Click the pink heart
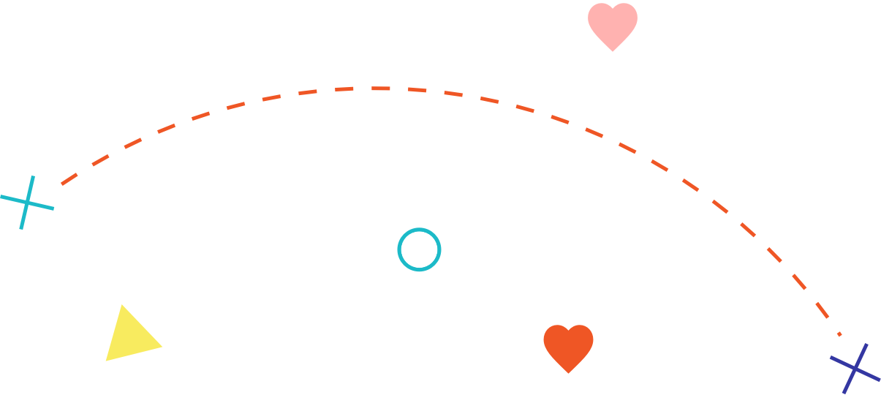point(613,25)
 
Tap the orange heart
point(568,347)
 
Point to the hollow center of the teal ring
point(419,249)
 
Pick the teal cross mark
point(27,203)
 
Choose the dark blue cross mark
point(855,368)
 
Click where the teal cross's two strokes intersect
point(27,203)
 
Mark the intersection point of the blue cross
point(855,368)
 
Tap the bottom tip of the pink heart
point(613,51)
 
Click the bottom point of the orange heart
point(568,373)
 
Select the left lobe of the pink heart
point(601,16)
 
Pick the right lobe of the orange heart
point(581,338)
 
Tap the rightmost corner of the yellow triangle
point(161,346)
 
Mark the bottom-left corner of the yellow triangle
point(107,360)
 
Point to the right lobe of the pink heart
point(625,16)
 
